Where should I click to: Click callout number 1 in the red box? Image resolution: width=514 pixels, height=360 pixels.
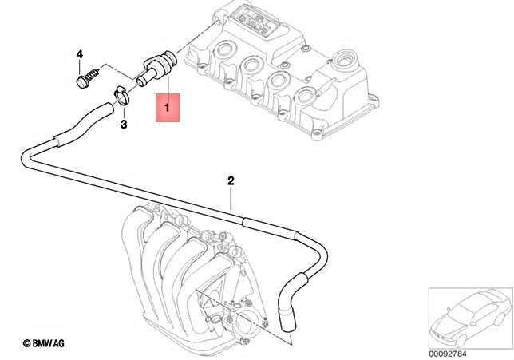(168, 106)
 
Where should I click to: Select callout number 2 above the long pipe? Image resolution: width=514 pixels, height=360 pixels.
(231, 181)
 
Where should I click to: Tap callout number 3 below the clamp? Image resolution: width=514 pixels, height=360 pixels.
(124, 125)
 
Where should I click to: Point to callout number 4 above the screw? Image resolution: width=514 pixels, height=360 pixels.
(79, 53)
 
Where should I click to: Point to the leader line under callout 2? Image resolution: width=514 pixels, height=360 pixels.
(231, 199)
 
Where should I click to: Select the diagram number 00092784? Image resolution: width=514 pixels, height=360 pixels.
(449, 352)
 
